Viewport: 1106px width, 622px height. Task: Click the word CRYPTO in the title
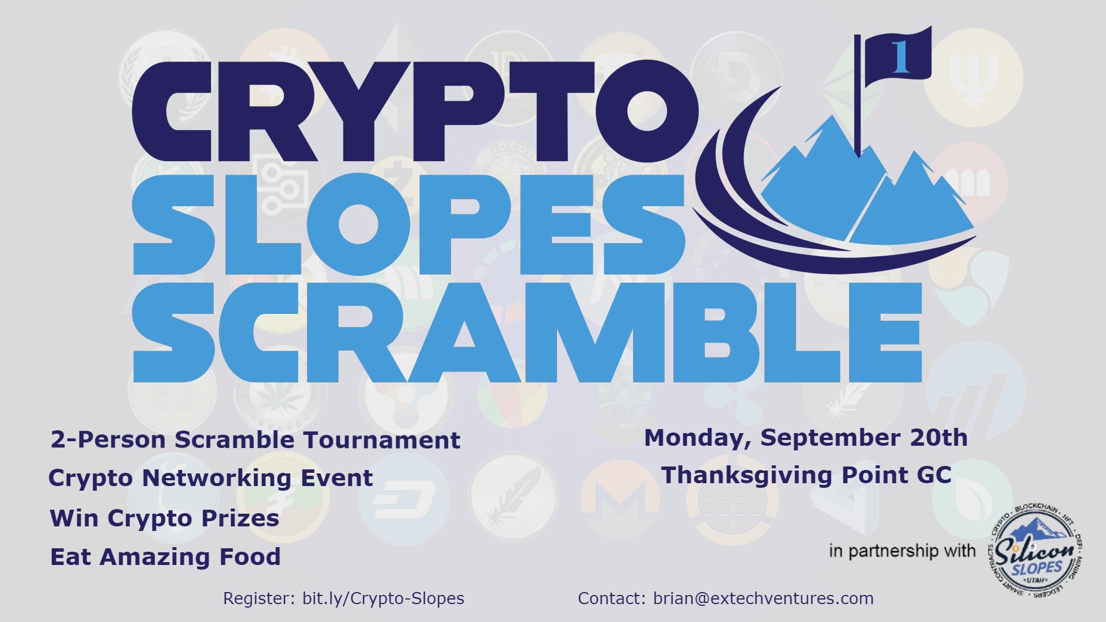point(415,112)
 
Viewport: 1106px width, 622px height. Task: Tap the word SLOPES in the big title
point(409,225)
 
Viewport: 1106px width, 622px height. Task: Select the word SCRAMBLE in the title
point(527,332)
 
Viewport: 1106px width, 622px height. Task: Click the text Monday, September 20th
point(805,438)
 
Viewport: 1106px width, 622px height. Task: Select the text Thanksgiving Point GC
point(806,476)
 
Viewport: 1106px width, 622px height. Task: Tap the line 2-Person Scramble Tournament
point(255,440)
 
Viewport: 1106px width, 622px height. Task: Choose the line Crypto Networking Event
point(211,479)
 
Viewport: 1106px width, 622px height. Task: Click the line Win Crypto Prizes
point(165,518)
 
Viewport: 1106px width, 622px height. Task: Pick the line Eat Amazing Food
point(165,557)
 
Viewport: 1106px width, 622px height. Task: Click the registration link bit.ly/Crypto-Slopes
point(383,599)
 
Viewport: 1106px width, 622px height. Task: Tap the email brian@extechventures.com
point(763,599)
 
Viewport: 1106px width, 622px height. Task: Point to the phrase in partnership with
point(902,551)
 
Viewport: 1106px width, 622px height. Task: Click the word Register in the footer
point(260,599)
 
